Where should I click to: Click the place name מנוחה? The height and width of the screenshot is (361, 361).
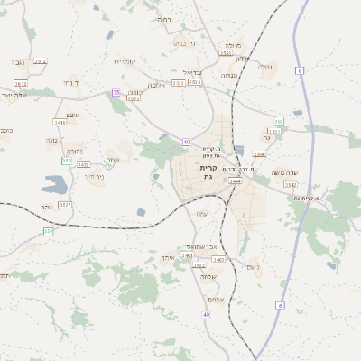[233, 44]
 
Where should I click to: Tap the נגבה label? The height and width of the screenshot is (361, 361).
[18, 62]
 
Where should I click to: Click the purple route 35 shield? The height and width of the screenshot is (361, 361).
[116, 92]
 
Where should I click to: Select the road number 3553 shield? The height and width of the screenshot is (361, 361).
[226, 53]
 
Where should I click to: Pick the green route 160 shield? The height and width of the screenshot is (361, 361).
[279, 121]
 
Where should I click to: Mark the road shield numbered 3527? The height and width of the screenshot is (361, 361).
[65, 205]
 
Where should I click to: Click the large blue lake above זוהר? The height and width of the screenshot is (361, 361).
[52, 186]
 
